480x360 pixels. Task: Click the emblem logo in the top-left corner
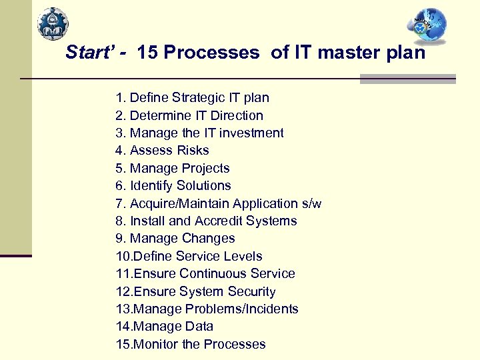[x=52, y=25]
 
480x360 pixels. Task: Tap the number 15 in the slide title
[x=147, y=53]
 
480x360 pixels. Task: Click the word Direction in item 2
[x=237, y=115]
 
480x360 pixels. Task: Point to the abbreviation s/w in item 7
[x=311, y=203]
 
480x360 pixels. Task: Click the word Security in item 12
[x=251, y=291]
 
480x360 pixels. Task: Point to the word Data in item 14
[x=199, y=327]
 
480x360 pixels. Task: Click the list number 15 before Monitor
[x=123, y=344]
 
